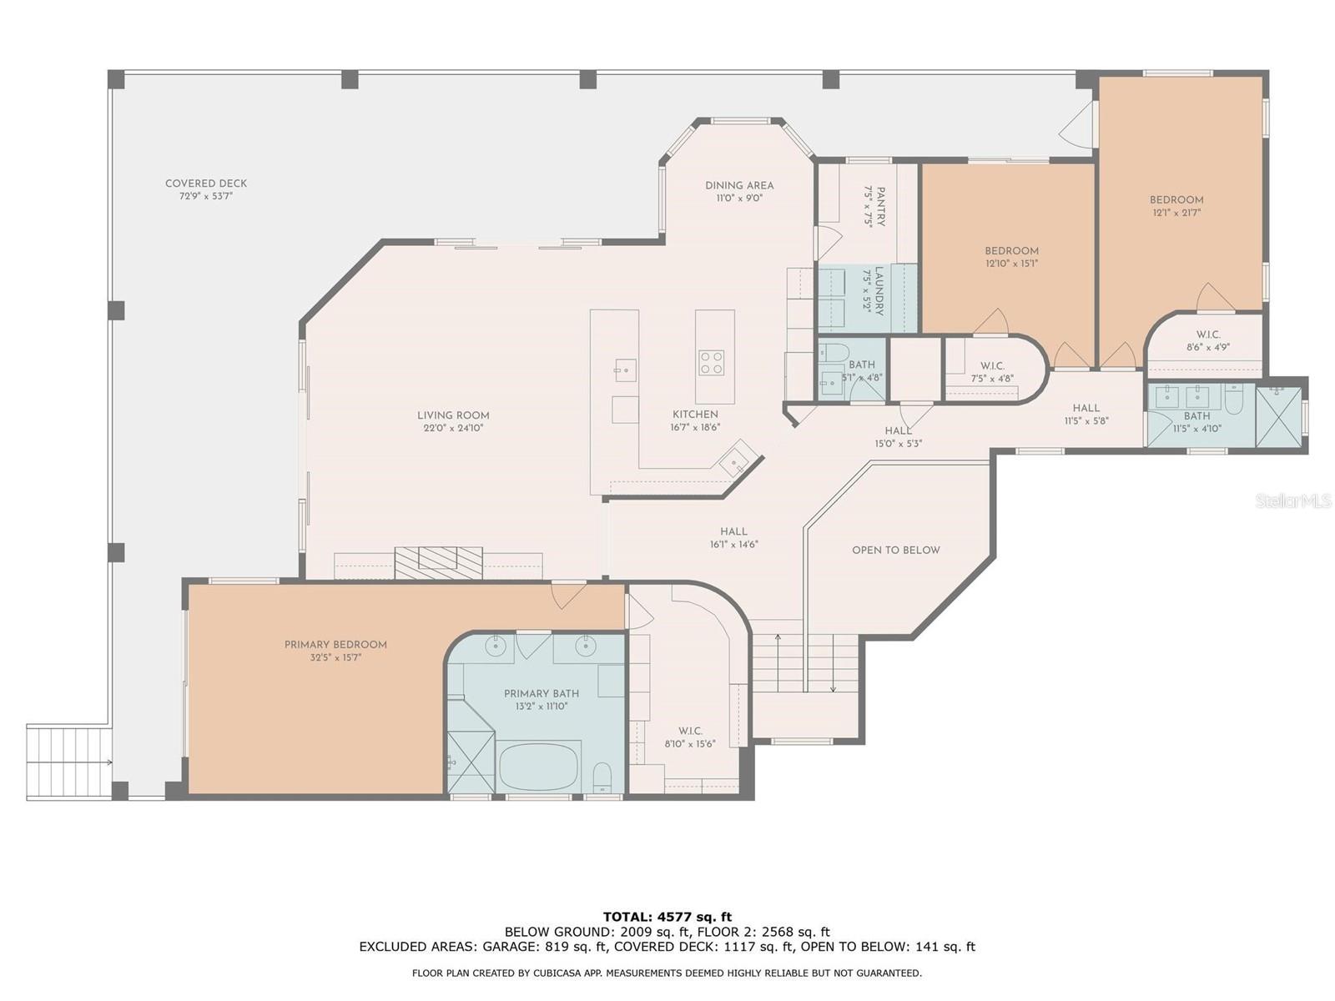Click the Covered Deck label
point(206,184)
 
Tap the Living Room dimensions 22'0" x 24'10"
point(453,428)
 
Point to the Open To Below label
point(895,551)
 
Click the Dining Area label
point(739,185)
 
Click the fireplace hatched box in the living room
point(439,560)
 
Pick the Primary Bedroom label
point(335,645)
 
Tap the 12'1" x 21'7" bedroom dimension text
point(1176,213)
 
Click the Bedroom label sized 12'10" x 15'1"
point(1011,251)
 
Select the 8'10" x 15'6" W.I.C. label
point(690,737)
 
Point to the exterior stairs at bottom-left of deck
point(68,762)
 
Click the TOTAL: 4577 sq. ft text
point(667,917)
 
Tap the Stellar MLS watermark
point(1293,500)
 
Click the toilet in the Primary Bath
point(602,778)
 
